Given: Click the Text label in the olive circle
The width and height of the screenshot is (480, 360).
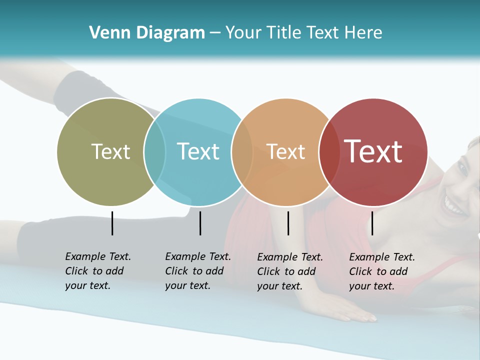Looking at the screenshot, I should (110, 151).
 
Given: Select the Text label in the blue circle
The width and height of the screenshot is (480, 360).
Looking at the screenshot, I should (198, 151).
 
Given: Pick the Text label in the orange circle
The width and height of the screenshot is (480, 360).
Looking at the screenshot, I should (285, 151).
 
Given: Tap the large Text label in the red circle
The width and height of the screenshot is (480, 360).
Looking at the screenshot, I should (373, 151).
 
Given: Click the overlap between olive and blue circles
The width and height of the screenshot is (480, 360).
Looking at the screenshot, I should (154, 151).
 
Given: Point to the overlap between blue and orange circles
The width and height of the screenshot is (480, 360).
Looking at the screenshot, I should (242, 151).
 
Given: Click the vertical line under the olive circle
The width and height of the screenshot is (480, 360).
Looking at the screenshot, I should (112, 223).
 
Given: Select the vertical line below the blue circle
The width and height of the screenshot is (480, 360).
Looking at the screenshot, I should (200, 223).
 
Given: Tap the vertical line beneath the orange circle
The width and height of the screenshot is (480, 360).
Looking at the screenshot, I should (288, 223).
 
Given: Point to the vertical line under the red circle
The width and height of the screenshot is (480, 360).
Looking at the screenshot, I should (372, 223).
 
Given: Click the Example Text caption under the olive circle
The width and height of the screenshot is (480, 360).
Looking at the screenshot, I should (97, 271).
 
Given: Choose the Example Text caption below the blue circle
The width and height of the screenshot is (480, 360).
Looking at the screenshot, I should (197, 271).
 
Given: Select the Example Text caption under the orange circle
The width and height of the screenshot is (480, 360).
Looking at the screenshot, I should (289, 271).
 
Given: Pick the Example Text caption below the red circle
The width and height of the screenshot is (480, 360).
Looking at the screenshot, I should (381, 271).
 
